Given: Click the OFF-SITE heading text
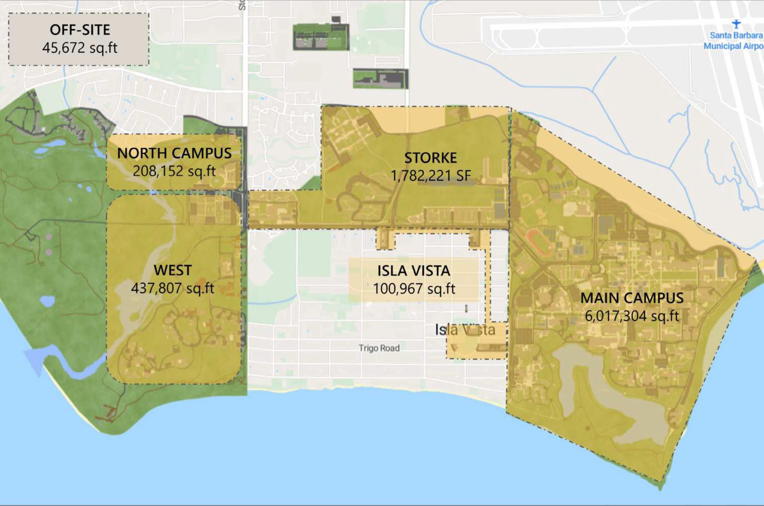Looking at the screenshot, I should point(80,30).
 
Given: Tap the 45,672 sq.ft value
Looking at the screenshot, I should point(80,48).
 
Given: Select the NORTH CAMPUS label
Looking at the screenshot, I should point(174,153).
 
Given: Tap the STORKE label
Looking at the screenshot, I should point(430,158).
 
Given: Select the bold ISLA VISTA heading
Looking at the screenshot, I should point(414,271).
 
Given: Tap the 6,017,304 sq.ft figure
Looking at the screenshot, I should point(632,316).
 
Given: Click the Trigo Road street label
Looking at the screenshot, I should point(379,348).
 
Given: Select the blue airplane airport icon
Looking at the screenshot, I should point(736,24).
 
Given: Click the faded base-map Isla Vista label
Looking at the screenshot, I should point(465,330).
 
